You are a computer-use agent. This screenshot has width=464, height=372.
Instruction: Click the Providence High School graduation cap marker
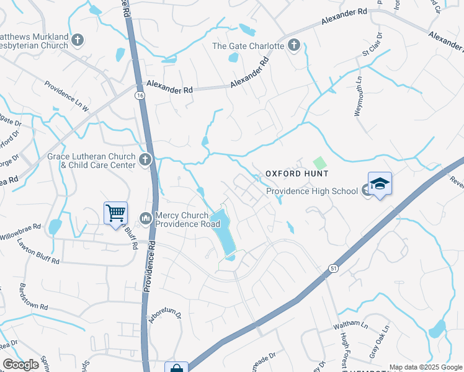pos(380,184)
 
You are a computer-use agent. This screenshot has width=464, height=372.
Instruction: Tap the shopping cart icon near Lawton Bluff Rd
pos(115,213)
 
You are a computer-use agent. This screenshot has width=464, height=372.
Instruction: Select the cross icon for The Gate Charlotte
pos(294,45)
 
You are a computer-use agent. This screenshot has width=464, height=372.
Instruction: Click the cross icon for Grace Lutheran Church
pos(145,161)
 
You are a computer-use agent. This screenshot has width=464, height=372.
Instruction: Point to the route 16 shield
pos(140,94)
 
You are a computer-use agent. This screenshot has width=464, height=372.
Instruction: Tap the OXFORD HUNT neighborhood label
pos(297,174)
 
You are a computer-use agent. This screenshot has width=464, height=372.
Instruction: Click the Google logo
pos(20,365)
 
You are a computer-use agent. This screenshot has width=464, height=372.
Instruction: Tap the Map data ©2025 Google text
pos(425,367)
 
